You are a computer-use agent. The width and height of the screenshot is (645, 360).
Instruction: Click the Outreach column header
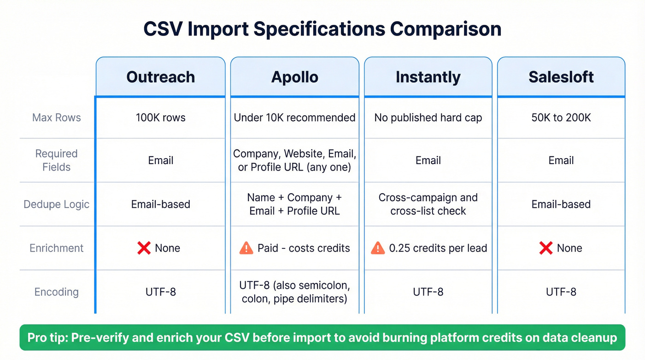[160, 77]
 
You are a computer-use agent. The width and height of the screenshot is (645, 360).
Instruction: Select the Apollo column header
[294, 77]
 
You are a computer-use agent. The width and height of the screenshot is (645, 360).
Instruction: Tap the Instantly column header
[428, 77]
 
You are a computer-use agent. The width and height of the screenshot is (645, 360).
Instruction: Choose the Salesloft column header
[561, 77]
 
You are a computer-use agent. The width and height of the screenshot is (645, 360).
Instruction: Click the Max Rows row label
[56, 118]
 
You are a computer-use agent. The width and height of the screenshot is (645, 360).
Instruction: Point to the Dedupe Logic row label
[56, 204]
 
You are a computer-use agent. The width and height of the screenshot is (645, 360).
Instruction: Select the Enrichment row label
[56, 248]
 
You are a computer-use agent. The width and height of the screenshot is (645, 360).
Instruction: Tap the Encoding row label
[56, 292]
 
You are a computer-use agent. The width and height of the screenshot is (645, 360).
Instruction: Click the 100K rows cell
[160, 118]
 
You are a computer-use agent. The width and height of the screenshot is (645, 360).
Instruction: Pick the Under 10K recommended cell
[294, 118]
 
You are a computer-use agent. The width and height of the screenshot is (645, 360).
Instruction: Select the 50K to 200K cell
[561, 118]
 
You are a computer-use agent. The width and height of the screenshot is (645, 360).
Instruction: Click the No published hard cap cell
[428, 118]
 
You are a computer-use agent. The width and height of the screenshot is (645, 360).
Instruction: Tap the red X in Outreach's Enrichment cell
[144, 248]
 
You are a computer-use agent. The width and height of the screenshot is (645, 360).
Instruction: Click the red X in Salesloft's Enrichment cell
[545, 248]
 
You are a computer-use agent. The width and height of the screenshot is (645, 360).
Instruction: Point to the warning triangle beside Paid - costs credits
[246, 248]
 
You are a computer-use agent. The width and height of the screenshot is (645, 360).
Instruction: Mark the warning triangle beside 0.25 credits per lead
[378, 248]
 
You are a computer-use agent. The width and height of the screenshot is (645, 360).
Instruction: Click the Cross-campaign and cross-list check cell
[428, 204]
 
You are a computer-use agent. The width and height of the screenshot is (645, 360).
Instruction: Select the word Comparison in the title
[446, 29]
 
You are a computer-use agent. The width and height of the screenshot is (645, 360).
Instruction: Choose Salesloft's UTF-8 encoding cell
[561, 292]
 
